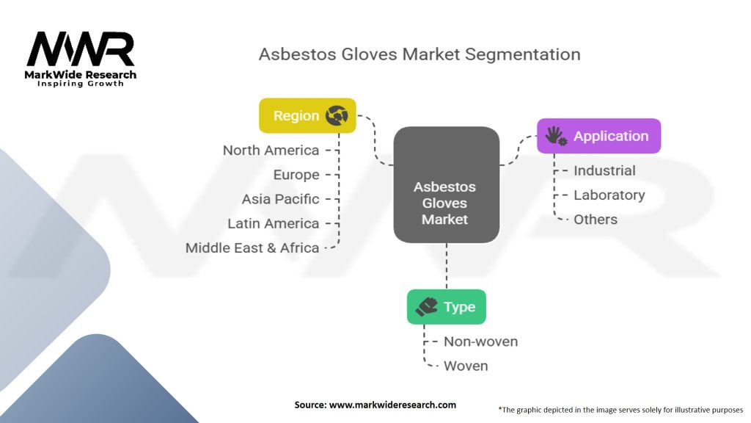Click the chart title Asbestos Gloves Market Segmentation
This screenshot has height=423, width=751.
pos(419,54)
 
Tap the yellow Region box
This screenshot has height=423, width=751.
pos(307,115)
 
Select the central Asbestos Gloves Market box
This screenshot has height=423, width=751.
pos(446,184)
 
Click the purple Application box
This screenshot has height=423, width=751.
pos(598,136)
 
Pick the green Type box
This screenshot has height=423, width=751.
pos(446,307)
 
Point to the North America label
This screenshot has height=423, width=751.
pos(271,151)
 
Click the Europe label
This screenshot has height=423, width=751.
pos(296,175)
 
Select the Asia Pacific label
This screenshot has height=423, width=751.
pos(281,199)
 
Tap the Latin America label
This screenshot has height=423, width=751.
pos(274,223)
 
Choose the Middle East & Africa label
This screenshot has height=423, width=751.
pos(252,247)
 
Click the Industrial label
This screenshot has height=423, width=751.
pos(604,170)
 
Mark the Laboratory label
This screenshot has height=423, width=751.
pos(609,195)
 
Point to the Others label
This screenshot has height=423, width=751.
pos(596,219)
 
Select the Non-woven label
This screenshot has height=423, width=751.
pos(480,341)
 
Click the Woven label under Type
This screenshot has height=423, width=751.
pos(466,366)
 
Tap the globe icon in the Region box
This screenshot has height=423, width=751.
pos(337,115)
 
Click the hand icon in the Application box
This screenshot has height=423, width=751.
pos(557,136)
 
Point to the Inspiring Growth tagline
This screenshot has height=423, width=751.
pos(81,84)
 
